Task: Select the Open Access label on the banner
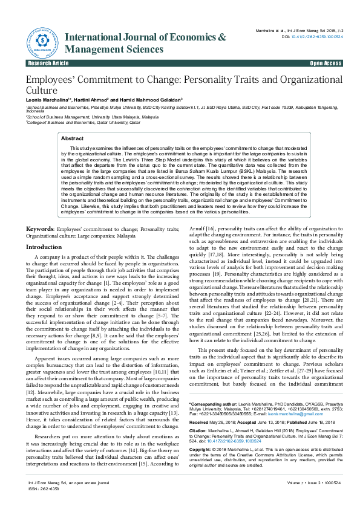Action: (x=326, y=63)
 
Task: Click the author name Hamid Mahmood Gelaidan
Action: (x=151, y=99)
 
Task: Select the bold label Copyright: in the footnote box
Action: (x=201, y=433)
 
